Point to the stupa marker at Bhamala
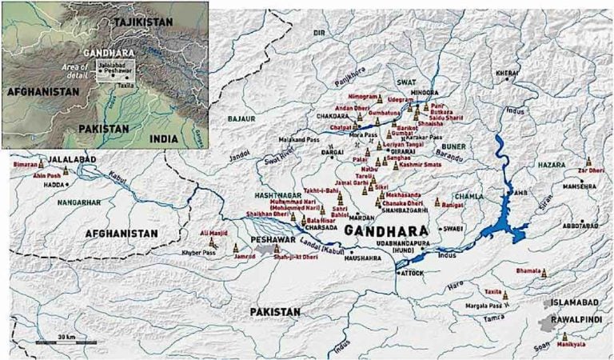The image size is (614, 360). tap(544, 273)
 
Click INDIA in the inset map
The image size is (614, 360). tap(164, 138)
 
